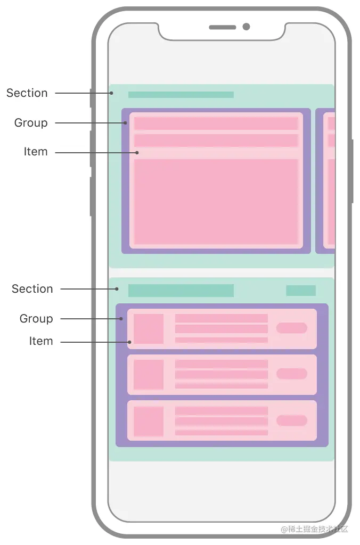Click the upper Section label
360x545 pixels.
pyautogui.click(x=27, y=93)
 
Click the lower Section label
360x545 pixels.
pyautogui.click(x=32, y=289)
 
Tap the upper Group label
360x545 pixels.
pyautogui.click(x=31, y=123)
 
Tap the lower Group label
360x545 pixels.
pyautogui.click(x=36, y=319)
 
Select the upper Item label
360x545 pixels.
pyautogui.click(x=36, y=152)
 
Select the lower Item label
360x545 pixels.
pyautogui.click(x=41, y=341)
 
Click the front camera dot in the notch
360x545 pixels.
pyautogui.click(x=246, y=27)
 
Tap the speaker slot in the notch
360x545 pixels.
pyautogui.click(x=222, y=27)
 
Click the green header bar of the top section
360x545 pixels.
pyautogui.click(x=181, y=95)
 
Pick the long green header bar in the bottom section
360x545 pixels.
pyautogui.click(x=181, y=291)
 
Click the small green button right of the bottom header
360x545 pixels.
pyautogui.click(x=300, y=291)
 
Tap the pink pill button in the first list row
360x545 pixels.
pyautogui.click(x=291, y=328)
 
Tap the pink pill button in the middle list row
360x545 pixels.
pyautogui.click(x=291, y=374)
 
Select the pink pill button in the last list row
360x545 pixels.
pyautogui.click(x=291, y=420)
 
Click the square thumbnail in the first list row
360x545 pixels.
pyautogui.click(x=149, y=329)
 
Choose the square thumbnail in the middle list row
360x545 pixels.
pyautogui.click(x=149, y=375)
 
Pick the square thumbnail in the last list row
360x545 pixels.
pyautogui.click(x=149, y=422)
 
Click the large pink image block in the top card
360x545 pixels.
pyautogui.click(x=216, y=201)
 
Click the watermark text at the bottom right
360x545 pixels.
pyautogui.click(x=314, y=529)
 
